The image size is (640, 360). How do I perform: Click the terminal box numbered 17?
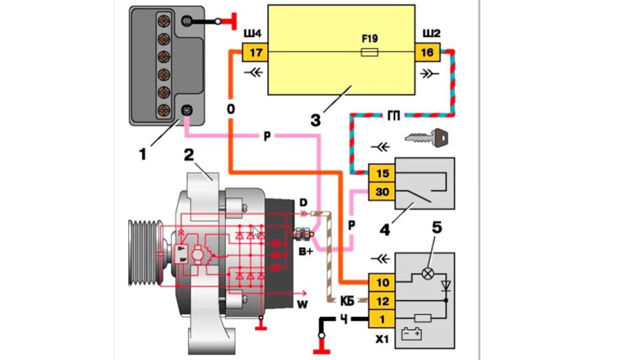pyautogui.click(x=255, y=52)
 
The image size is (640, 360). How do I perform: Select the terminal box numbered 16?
pyautogui.click(x=427, y=52)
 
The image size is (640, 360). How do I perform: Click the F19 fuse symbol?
pyautogui.click(x=369, y=51)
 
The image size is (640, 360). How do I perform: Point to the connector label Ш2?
pyautogui.click(x=430, y=34)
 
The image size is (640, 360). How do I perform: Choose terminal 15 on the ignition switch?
pyautogui.click(x=382, y=173)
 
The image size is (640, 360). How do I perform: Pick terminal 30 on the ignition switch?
pyautogui.click(x=382, y=191)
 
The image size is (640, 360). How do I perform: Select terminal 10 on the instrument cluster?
pyautogui.click(x=382, y=282)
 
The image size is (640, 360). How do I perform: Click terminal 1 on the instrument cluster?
pyautogui.click(x=382, y=318)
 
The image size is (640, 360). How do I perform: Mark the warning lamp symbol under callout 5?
pyautogui.click(x=427, y=273)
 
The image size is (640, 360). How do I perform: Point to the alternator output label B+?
pyautogui.click(x=306, y=251)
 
